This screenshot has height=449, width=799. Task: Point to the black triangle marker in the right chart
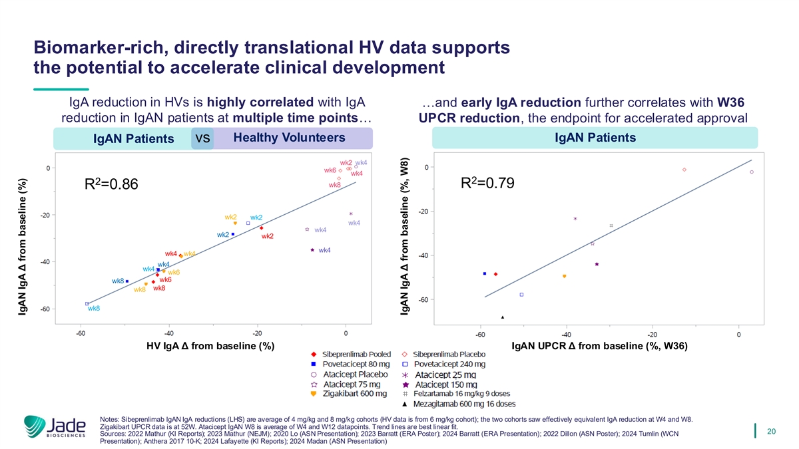pyautogui.click(x=503, y=317)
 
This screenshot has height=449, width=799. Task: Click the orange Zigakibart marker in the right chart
pyautogui.click(x=565, y=276)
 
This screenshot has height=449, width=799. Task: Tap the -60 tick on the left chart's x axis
pyautogui.click(x=81, y=334)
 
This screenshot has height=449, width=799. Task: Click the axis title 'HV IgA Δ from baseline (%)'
pyautogui.click(x=210, y=346)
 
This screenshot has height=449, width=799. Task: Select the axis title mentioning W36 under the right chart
pyautogui.click(x=599, y=346)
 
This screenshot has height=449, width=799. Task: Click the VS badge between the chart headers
pyautogui.click(x=203, y=139)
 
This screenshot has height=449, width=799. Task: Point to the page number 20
pyautogui.click(x=772, y=431)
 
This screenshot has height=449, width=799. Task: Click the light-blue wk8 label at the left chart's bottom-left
pyautogui.click(x=94, y=309)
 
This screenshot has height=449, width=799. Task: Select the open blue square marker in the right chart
pyautogui.click(x=521, y=295)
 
